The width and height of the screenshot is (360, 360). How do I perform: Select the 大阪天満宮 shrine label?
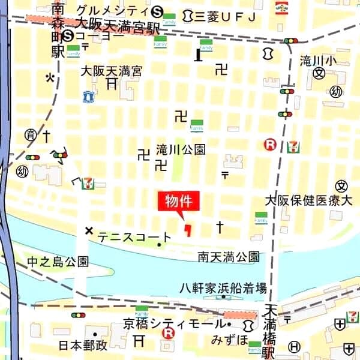[112, 71]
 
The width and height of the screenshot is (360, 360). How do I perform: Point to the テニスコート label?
[134, 238]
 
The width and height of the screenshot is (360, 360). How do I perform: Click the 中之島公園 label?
[58, 261]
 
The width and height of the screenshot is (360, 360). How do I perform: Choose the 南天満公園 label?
[229, 257]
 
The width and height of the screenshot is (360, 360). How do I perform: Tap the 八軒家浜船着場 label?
[223, 288]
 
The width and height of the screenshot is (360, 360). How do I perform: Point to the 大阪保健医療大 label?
[308, 200]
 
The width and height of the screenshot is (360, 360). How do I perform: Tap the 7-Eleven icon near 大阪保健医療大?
[293, 146]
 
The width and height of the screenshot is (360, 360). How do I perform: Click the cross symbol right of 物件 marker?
[220, 227]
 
